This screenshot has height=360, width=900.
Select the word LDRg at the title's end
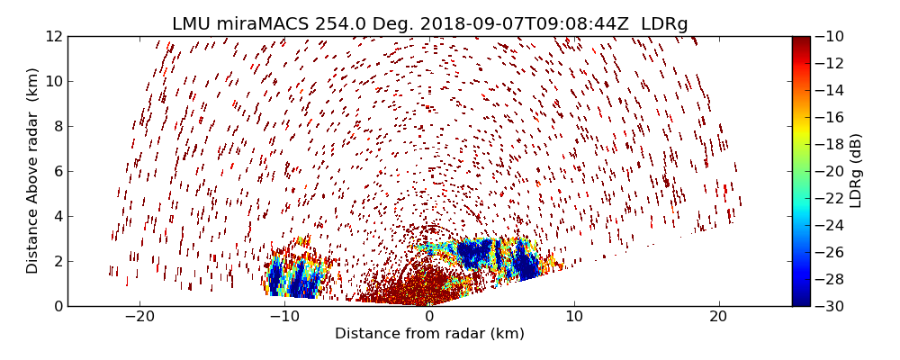point(664,24)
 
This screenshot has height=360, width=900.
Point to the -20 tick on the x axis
point(139,317)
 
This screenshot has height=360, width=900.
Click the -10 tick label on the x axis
point(284,317)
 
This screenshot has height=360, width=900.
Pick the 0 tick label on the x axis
point(429,317)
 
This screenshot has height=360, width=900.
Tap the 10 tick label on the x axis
point(573,317)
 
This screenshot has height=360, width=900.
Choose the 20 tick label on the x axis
point(718,317)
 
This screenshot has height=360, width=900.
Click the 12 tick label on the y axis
point(53,37)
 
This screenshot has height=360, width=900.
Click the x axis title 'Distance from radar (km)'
point(429,334)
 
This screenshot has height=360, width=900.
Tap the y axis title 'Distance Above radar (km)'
point(33,171)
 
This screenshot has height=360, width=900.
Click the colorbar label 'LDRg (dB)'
point(856,171)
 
